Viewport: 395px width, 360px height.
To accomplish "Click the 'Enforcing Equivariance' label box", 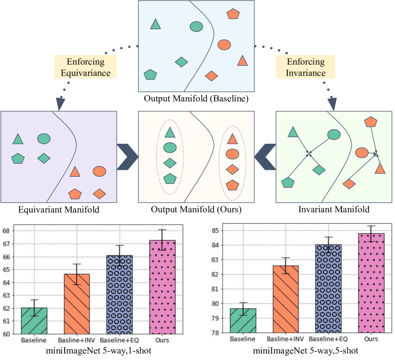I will [85, 67].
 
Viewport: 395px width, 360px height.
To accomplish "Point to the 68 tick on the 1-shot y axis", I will [7, 231].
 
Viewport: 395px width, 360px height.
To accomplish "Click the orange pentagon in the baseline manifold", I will [233, 14].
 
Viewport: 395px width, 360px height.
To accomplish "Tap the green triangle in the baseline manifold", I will [156, 24].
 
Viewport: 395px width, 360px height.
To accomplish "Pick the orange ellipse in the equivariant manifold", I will [99, 171].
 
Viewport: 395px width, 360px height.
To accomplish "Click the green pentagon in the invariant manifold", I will [288, 183].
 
